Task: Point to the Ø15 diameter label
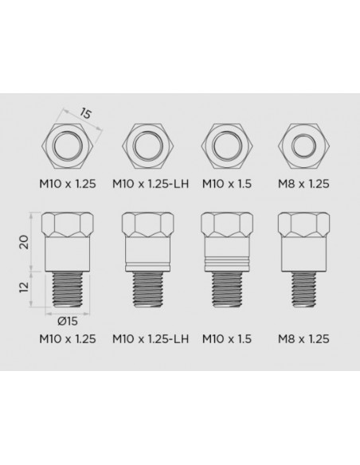[x=69, y=322]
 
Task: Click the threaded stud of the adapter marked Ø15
[x=70, y=289]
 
